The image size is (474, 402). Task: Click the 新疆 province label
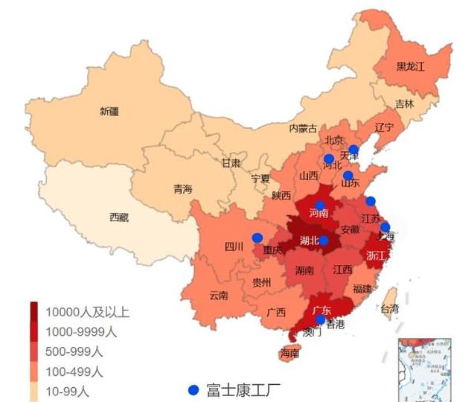point(109,112)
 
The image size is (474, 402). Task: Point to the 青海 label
point(182,189)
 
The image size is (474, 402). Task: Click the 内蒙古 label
point(303,128)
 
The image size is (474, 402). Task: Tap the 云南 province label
point(218,295)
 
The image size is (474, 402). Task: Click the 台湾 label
point(389,308)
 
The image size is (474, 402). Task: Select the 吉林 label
point(404,103)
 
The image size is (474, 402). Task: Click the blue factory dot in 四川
point(257,237)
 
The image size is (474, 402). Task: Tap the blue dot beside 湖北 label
point(324,240)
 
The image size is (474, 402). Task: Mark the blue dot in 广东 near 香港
point(320,320)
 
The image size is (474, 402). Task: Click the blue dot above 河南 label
point(320,205)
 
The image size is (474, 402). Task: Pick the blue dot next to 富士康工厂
point(193,390)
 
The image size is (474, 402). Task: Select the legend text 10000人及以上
point(87,312)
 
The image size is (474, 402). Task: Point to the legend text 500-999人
point(74,351)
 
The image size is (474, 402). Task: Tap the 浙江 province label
point(377,255)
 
